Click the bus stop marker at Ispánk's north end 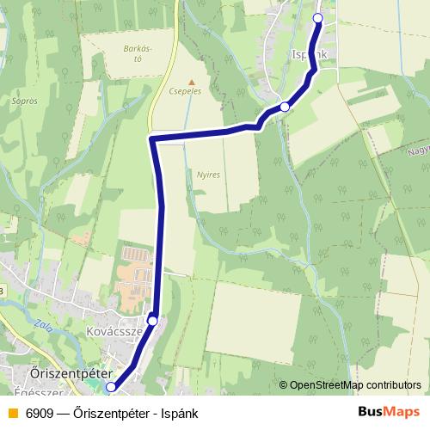coord(317,18)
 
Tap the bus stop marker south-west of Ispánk coord(285,107)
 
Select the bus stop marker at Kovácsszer coord(152,320)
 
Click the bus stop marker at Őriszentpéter coord(110,388)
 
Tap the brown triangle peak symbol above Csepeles coord(192,82)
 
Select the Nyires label coord(208,173)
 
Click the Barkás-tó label coord(138,53)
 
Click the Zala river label coord(43,328)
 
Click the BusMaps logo coord(388,411)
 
